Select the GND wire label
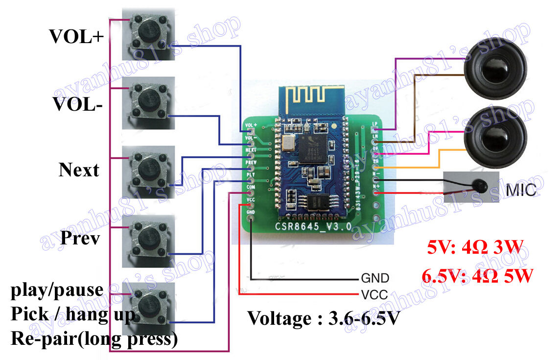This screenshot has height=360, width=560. tap(374, 279)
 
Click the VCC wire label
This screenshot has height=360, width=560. tap(374, 294)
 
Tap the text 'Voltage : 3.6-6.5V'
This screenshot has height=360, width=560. tap(324, 318)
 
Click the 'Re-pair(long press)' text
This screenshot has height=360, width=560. tap(94, 339)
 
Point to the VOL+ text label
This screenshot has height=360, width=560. tap(76, 36)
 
